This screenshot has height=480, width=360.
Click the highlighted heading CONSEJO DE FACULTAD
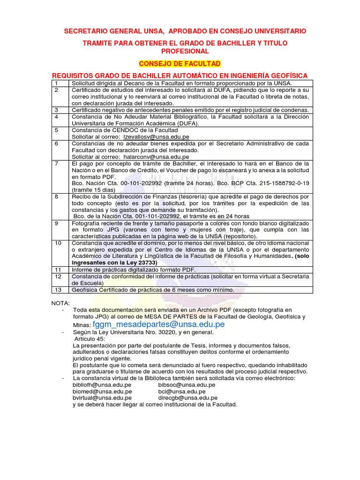(x=180, y=64)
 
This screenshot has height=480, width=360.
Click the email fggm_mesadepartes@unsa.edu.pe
(x=159, y=324)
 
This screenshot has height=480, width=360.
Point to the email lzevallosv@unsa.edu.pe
(x=153, y=136)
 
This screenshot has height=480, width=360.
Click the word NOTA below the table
(x=60, y=303)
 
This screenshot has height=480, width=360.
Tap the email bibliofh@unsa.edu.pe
(x=102, y=385)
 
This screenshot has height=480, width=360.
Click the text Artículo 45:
(x=90, y=339)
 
